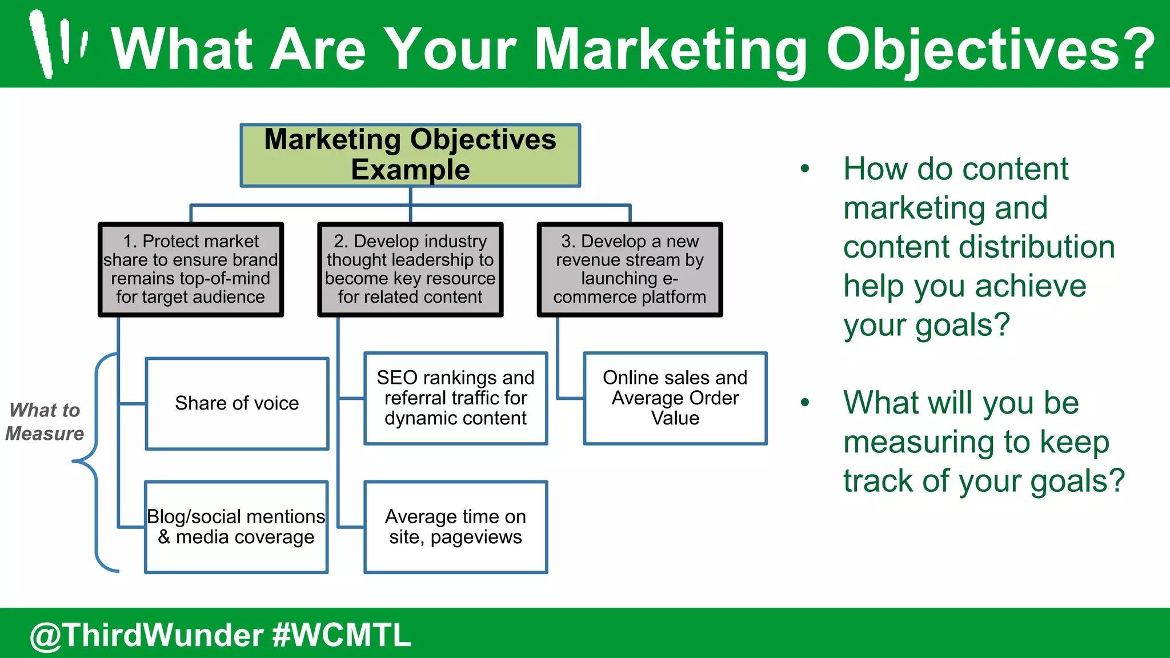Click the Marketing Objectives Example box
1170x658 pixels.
coord(410,155)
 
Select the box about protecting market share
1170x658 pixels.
coord(191,270)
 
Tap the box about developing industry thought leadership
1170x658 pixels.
coord(410,270)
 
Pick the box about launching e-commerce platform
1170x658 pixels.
coord(630,270)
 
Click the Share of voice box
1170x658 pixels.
coord(237,403)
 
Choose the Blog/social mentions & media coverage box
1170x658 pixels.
coord(236,527)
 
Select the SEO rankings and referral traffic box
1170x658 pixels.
coord(455,398)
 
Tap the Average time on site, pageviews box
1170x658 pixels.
coord(455,527)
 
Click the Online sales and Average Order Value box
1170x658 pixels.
coord(675,398)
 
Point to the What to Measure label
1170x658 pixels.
coord(45,422)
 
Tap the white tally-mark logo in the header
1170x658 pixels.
coord(58,43)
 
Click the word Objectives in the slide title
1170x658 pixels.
coord(990,50)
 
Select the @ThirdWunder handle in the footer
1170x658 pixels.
coord(147,635)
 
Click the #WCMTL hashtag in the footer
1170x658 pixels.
coord(342,635)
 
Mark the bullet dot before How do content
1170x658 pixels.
coord(805,168)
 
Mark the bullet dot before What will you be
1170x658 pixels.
coord(805,402)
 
